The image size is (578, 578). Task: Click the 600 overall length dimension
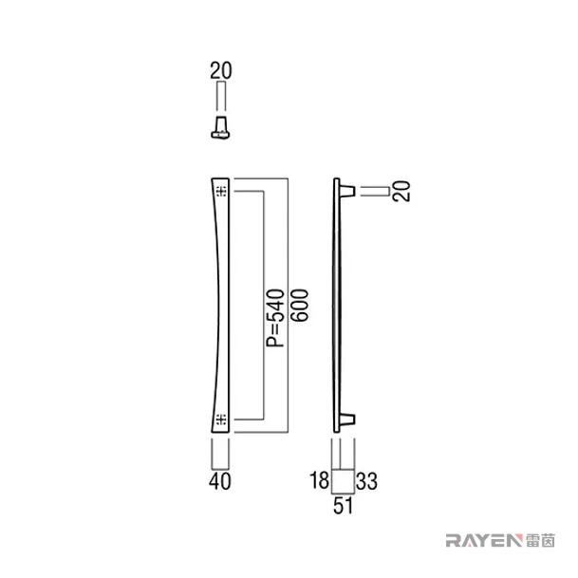pyautogui.click(x=299, y=306)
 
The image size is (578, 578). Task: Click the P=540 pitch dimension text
pyautogui.click(x=276, y=319)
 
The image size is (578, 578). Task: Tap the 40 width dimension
pyautogui.click(x=220, y=481)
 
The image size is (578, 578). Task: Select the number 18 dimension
pyautogui.click(x=319, y=480)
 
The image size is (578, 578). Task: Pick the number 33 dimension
pyautogui.click(x=366, y=481)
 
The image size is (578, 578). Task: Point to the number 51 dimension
pyautogui.click(x=344, y=505)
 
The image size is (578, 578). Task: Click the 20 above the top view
pyautogui.click(x=221, y=71)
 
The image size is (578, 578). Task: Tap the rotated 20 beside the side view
pyautogui.click(x=401, y=191)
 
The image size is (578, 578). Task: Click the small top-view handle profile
pyautogui.click(x=220, y=127)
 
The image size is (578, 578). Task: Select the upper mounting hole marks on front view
pyautogui.click(x=221, y=191)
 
